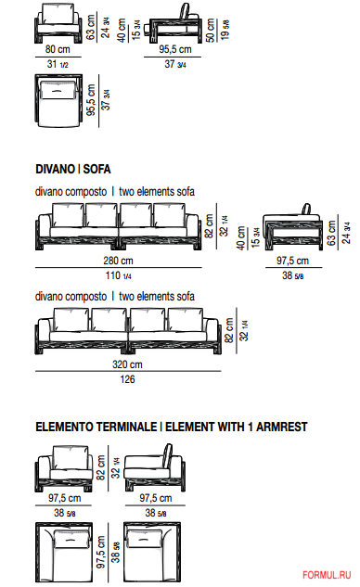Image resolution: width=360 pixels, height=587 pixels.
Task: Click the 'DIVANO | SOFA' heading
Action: [x=73, y=169]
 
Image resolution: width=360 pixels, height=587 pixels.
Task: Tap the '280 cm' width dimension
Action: [x=118, y=261]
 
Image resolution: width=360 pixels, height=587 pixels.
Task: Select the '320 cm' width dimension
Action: [x=127, y=364]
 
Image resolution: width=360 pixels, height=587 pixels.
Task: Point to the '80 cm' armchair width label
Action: [x=58, y=49]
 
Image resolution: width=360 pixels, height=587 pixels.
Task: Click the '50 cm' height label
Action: [x=211, y=30]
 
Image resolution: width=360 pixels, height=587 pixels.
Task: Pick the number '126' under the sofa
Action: [x=127, y=379]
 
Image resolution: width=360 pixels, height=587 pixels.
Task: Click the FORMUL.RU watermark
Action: [x=327, y=575]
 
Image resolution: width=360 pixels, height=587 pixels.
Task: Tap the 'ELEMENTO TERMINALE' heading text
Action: [x=96, y=427]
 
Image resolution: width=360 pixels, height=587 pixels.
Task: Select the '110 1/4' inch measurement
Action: [x=119, y=275]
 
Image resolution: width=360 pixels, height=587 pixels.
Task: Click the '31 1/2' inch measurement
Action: [x=58, y=64]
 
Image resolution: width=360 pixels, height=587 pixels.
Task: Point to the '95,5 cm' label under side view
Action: [x=175, y=49]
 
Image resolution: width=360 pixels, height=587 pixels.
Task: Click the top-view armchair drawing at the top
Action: [x=58, y=100]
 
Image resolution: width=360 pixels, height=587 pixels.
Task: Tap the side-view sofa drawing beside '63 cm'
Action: [x=292, y=227]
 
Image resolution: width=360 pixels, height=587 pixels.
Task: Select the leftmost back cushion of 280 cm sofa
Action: [x=68, y=215]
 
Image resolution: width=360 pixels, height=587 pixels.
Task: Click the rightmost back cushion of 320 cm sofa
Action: [x=186, y=319]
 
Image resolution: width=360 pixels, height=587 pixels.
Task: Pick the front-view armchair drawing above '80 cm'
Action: [x=58, y=23]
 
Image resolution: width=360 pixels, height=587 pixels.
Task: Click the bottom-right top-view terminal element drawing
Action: [x=152, y=553]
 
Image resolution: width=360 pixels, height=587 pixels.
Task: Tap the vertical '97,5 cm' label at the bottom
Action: [x=101, y=552]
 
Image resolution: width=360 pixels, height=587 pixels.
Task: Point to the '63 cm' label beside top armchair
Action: [x=91, y=27]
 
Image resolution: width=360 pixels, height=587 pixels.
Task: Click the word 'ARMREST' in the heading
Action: [x=282, y=427]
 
